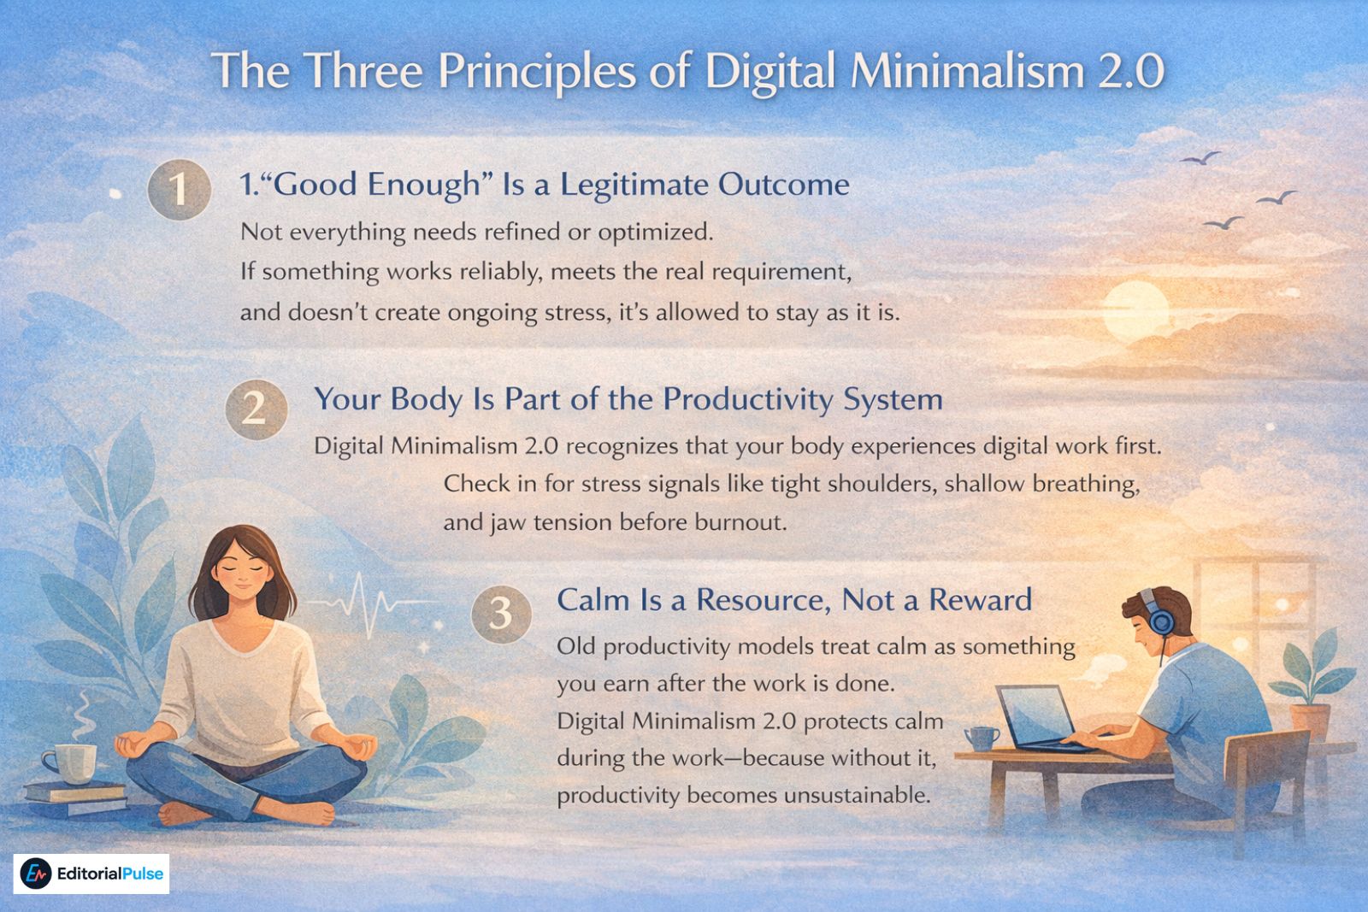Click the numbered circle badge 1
[x=179, y=190]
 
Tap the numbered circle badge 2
[x=254, y=409]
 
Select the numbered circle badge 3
[x=500, y=612]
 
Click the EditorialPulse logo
[x=91, y=874]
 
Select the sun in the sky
[x=1135, y=309]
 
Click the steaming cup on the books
[x=70, y=763]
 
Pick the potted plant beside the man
[x=1308, y=684]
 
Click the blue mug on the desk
[x=981, y=738]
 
